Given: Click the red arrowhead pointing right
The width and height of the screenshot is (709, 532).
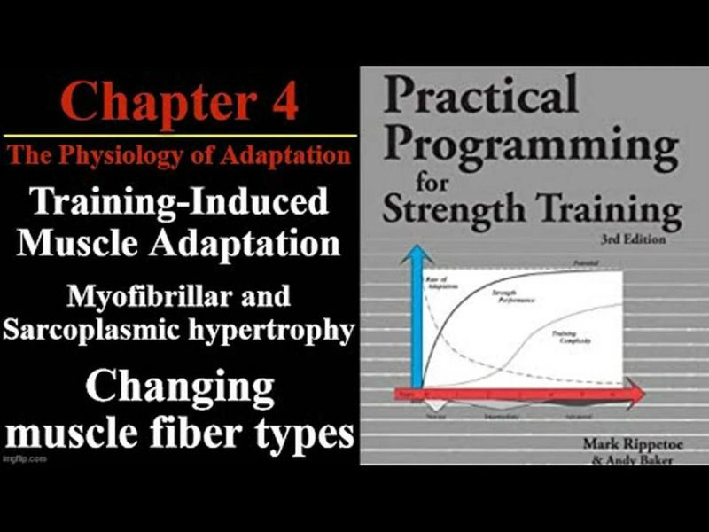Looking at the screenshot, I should (631, 394).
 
